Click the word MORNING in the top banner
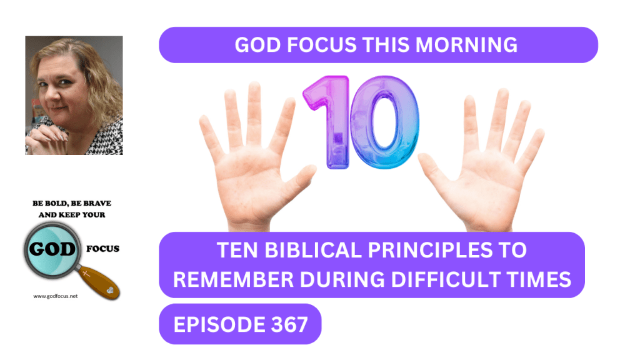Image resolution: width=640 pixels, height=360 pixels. click(466, 45)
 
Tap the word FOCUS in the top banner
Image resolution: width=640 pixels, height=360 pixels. click(322, 45)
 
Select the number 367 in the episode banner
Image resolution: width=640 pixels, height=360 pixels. click(289, 325)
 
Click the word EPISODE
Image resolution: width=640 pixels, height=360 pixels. click(219, 325)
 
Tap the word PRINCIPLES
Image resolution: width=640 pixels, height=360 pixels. click(430, 250)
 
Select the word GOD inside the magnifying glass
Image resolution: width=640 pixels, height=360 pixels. click(52, 249)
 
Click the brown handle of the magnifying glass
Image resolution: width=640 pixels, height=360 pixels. click(99, 282)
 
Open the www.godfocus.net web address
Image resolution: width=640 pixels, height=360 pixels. click(56, 296)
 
